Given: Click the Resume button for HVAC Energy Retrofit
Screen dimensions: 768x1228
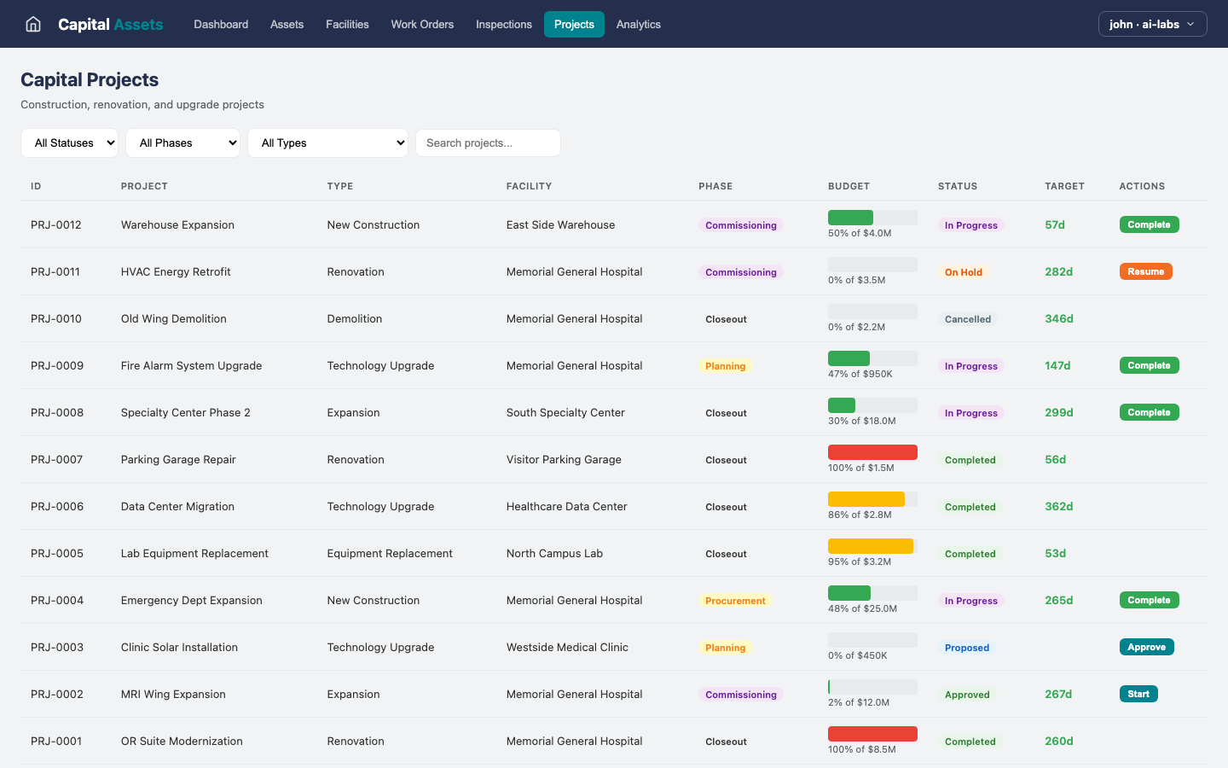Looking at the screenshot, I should click(1145, 271).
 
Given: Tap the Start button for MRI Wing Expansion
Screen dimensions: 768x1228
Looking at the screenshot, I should click(1138, 694).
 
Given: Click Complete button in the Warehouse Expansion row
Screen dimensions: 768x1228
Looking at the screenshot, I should click(1149, 224).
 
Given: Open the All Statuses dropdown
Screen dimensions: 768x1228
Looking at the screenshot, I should click(69, 143).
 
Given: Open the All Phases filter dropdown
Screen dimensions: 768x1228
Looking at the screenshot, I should click(182, 143).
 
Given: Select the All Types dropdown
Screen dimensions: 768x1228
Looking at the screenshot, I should click(327, 143).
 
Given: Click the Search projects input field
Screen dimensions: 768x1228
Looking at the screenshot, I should click(488, 143).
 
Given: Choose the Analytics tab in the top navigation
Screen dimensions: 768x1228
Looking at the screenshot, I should click(638, 24).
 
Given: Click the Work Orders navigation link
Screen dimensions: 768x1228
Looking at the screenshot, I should click(422, 24).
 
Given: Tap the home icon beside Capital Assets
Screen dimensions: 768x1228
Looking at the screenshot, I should click(33, 24).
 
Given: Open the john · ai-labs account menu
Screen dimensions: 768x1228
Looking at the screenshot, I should click(1152, 24).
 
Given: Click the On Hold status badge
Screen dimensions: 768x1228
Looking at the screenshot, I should click(963, 272).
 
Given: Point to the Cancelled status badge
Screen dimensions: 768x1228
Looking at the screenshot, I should click(967, 319).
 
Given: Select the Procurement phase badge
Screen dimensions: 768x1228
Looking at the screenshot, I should click(735, 601).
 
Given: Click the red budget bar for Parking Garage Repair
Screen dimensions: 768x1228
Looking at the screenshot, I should click(872, 452).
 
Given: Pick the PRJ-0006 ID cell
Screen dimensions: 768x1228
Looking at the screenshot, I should click(57, 506).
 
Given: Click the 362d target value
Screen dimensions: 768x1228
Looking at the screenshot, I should click(1058, 506).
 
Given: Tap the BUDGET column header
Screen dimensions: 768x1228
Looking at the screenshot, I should click(849, 186).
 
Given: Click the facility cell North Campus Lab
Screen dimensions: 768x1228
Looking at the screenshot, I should click(554, 553).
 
